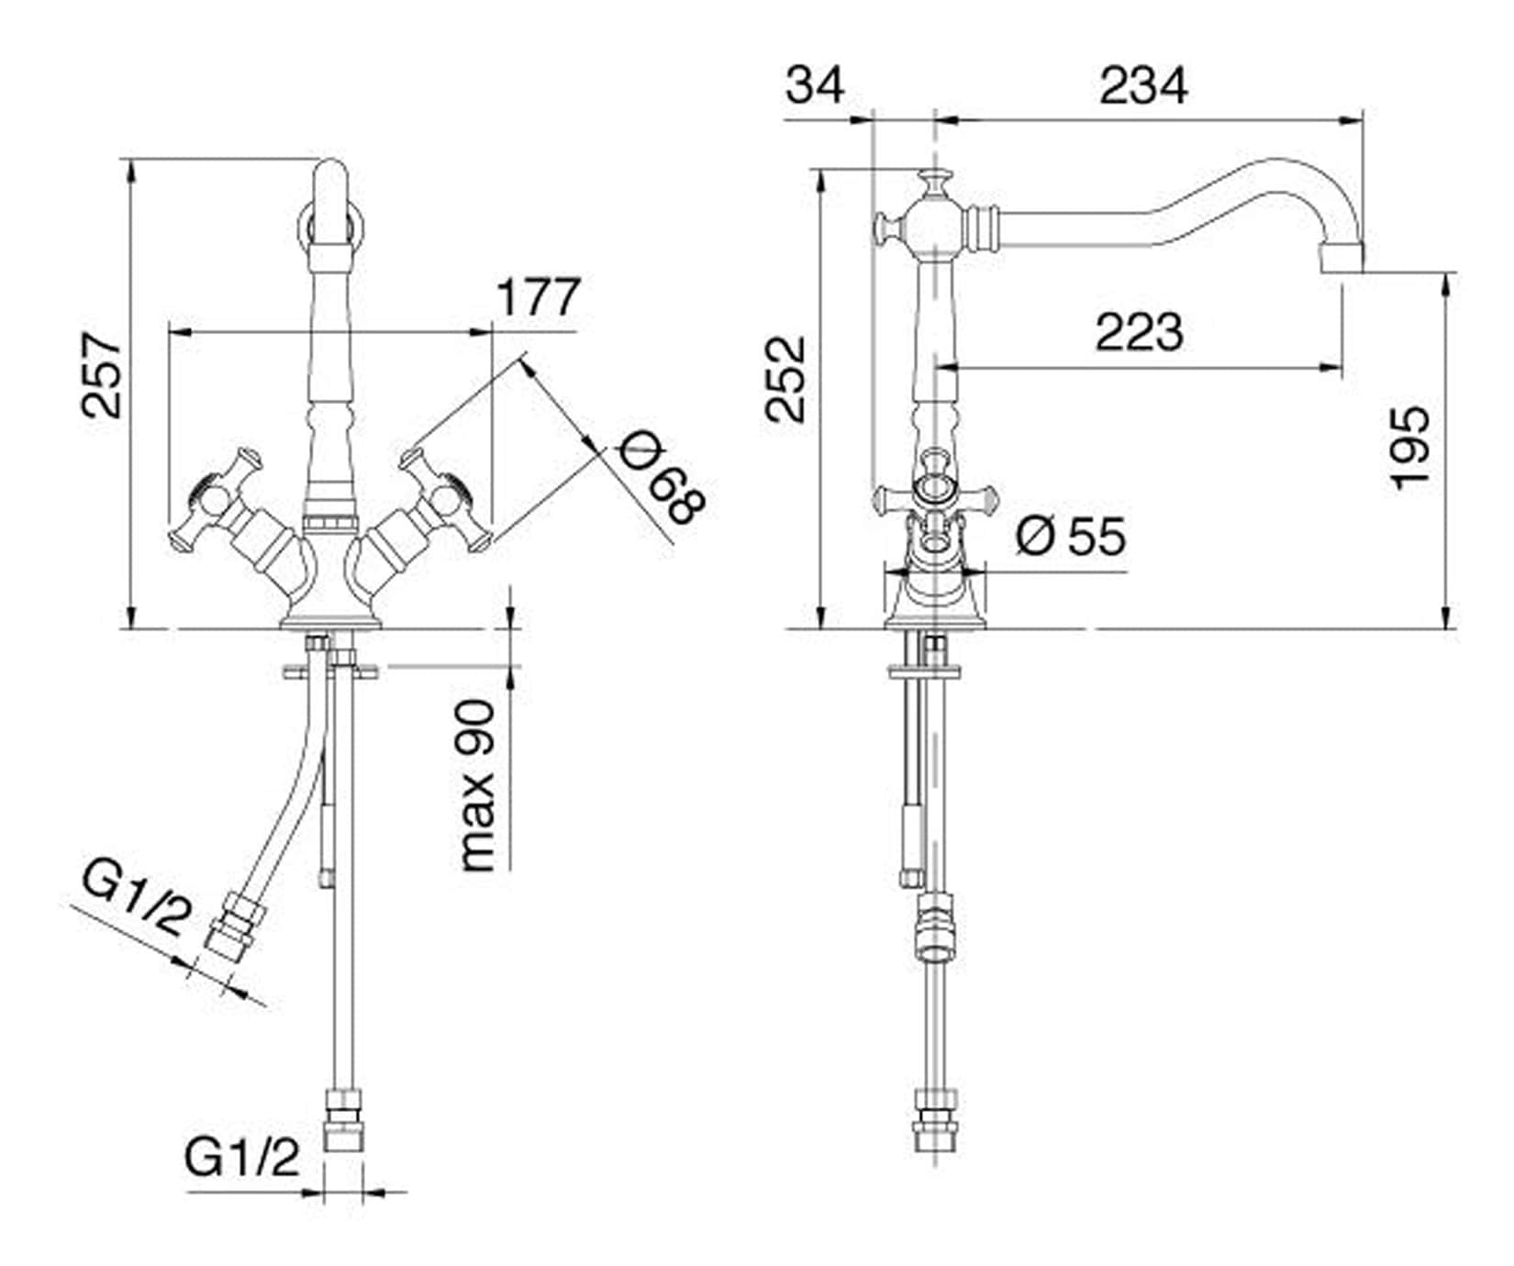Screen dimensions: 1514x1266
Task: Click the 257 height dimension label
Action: (x=101, y=376)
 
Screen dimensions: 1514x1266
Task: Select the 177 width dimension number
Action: (x=539, y=297)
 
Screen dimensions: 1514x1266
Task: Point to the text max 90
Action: (x=477, y=786)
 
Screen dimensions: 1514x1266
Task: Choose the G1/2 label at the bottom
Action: (x=242, y=1158)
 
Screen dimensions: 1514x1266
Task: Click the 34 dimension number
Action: (x=815, y=86)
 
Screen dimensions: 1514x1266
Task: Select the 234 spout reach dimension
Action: (x=1143, y=86)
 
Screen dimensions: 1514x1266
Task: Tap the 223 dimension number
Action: (x=1140, y=332)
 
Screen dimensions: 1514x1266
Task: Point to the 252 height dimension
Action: (x=786, y=380)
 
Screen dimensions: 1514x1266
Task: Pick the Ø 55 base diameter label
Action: (x=1071, y=536)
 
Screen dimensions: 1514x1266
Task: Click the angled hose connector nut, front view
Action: (x=233, y=927)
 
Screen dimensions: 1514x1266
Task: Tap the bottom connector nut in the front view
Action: (x=344, y=1120)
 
